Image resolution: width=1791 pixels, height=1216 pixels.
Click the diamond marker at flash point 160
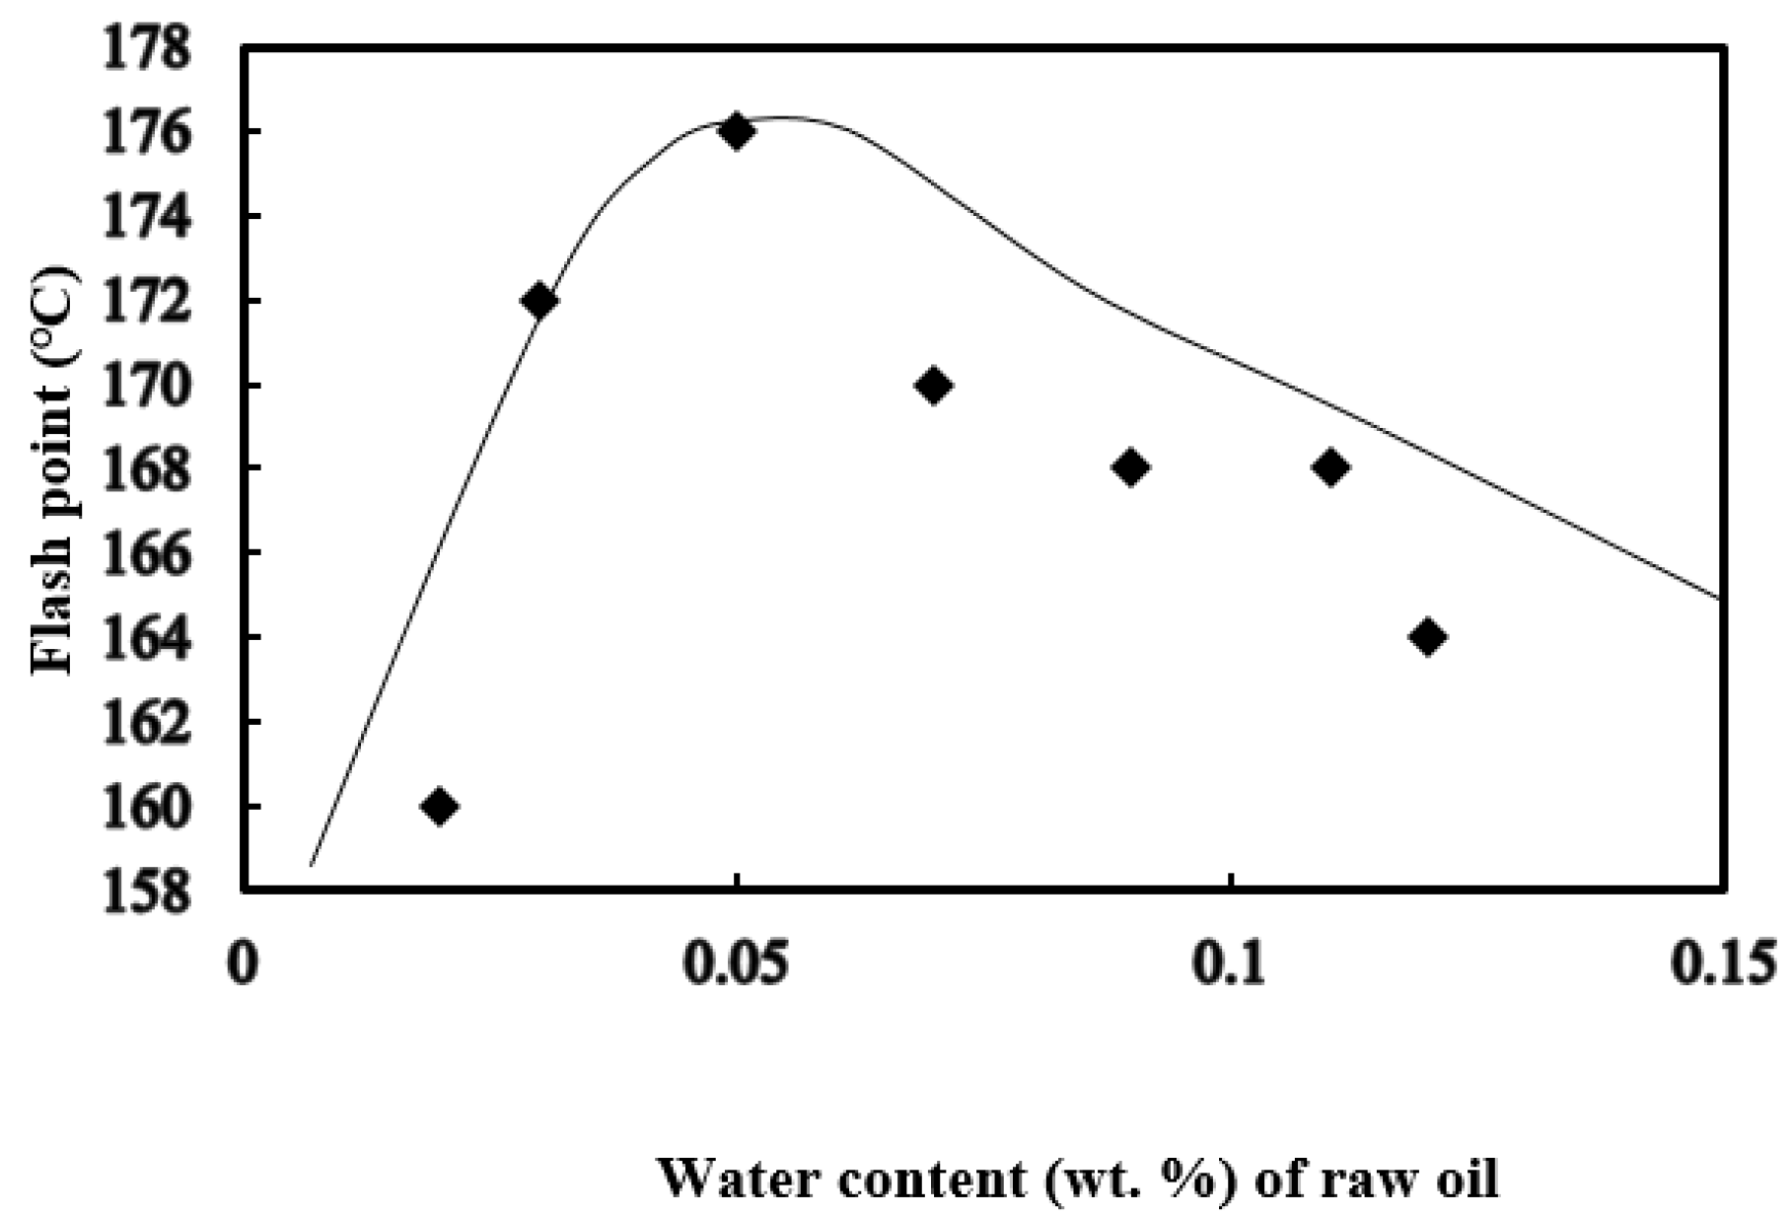click(x=439, y=807)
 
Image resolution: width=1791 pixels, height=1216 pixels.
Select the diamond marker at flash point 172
click(x=538, y=300)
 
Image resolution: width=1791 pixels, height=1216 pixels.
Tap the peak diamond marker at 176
click(x=736, y=131)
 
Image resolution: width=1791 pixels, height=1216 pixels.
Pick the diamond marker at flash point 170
click(x=933, y=386)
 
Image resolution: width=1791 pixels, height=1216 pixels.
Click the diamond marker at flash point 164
click(x=1428, y=637)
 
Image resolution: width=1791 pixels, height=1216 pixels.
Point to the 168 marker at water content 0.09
click(x=1131, y=467)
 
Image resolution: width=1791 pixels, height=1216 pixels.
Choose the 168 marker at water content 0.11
click(x=1330, y=467)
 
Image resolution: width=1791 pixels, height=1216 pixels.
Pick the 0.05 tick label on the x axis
click(x=737, y=965)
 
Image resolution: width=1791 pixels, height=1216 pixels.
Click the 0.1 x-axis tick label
click(x=1232, y=965)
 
